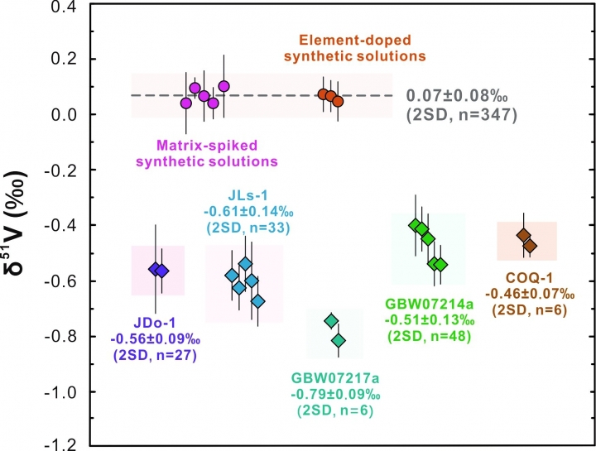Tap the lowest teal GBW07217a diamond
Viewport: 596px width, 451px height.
[x=338, y=340]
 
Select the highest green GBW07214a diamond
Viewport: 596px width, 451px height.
[x=415, y=224]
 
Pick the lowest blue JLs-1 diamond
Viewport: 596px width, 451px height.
[x=258, y=301]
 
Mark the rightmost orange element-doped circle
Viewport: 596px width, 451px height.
[x=338, y=101]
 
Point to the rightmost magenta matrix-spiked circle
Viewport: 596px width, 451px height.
[x=223, y=86]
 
